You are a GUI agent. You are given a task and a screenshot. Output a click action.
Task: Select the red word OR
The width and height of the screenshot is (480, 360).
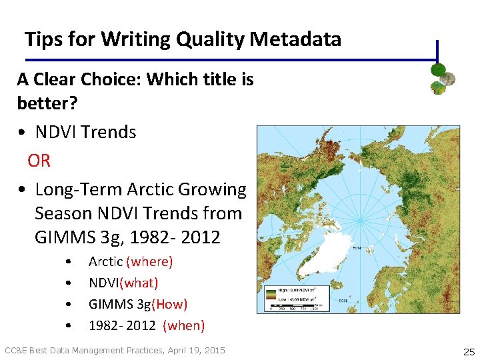[39, 161]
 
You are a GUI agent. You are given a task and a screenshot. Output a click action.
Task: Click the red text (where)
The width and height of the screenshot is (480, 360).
[149, 262]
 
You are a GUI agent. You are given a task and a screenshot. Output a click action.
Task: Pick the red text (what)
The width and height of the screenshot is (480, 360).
[137, 283]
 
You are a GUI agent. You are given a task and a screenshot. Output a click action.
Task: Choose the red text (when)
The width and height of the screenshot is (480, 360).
[184, 326]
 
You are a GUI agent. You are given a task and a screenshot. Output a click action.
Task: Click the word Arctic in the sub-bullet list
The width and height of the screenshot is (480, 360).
[105, 262]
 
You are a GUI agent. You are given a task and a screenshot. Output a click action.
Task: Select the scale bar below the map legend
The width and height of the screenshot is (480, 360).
[297, 306]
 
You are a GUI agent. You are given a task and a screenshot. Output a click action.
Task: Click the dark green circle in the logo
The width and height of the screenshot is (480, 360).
[438, 69]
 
